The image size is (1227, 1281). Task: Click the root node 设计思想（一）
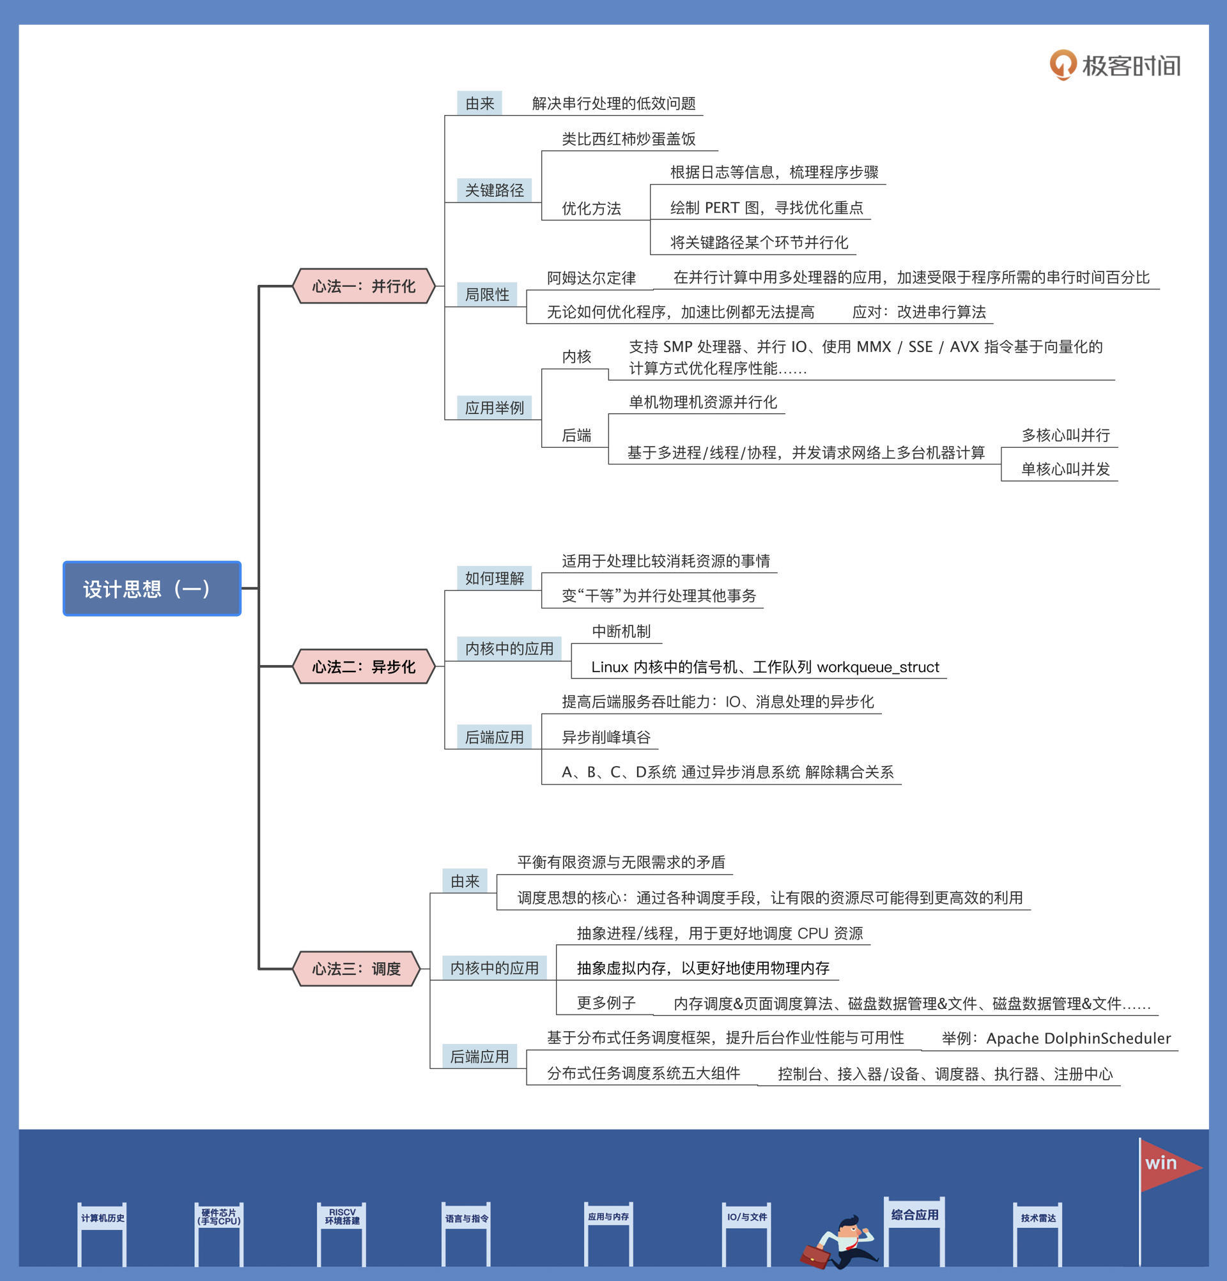coord(151,588)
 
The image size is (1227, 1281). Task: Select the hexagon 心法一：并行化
coord(364,286)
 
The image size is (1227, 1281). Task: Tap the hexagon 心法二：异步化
coord(364,666)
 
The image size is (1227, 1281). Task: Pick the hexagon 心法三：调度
coord(356,968)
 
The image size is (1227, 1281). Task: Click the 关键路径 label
coord(494,190)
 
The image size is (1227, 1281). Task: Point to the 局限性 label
coord(487,294)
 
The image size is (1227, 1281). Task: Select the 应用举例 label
coord(494,408)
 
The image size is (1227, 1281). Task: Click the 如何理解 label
coord(494,578)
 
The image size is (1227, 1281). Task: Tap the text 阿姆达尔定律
coord(591,278)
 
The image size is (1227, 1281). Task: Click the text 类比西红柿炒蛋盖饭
coord(628,139)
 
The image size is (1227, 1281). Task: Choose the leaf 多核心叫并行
coord(1065,435)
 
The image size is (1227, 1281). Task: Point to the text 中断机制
coord(621,631)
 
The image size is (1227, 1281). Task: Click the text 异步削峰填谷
coord(606,737)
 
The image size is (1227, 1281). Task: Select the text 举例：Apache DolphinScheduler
coord(1056,1038)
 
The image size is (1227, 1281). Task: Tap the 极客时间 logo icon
coord(1063,65)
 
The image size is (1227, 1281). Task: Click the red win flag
coord(1168,1166)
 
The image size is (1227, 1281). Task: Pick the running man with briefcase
coord(840,1242)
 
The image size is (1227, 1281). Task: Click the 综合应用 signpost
coord(914,1215)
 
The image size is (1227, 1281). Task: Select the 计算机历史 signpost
coord(103,1218)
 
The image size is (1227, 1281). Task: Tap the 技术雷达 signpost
coord(1038,1218)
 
